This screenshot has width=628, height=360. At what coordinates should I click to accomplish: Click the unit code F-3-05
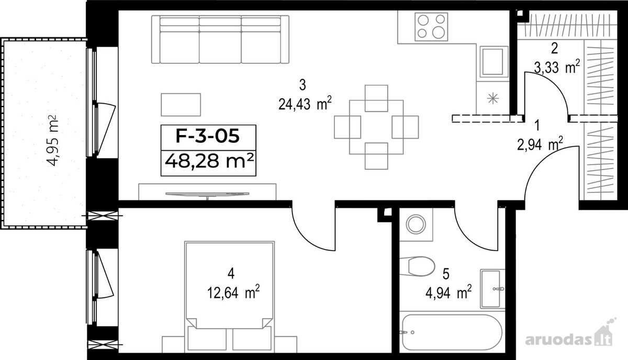click(x=208, y=136)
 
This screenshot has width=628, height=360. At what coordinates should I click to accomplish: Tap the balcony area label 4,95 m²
click(x=52, y=140)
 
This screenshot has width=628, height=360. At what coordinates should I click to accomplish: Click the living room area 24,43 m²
click(x=305, y=104)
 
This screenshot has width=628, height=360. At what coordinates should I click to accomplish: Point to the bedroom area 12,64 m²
click(x=233, y=292)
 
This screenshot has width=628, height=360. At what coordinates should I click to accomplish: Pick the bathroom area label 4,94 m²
click(x=448, y=292)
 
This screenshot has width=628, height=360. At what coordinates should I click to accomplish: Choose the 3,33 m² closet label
click(x=557, y=67)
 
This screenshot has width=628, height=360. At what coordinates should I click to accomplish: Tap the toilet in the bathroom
click(x=418, y=266)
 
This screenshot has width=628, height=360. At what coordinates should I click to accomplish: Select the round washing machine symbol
click(x=416, y=224)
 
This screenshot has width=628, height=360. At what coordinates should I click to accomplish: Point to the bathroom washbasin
click(x=492, y=289)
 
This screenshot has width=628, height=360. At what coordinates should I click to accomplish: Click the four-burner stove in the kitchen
click(x=431, y=27)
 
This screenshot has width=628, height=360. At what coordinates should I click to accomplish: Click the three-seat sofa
click(x=220, y=39)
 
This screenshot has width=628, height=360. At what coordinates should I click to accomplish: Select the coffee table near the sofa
click(x=181, y=105)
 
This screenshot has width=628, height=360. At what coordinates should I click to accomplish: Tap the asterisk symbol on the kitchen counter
click(x=493, y=99)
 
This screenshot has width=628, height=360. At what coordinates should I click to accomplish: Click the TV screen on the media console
click(x=207, y=194)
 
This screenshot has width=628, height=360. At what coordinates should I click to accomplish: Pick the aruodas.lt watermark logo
click(x=569, y=339)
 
